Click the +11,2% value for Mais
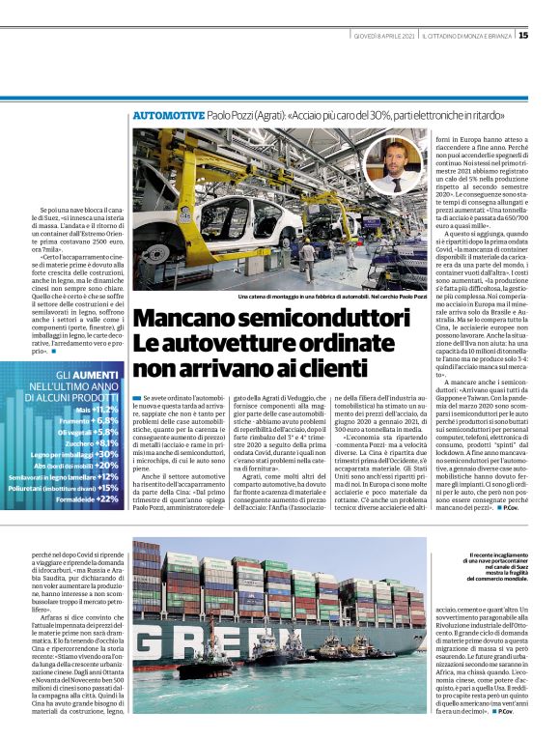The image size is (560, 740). pyautogui.click(x=103, y=410)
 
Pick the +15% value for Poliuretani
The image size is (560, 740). pyautogui.click(x=107, y=488)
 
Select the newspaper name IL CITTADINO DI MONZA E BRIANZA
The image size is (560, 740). pyautogui.click(x=467, y=36)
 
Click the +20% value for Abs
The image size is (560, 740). pyautogui.click(x=106, y=465)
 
